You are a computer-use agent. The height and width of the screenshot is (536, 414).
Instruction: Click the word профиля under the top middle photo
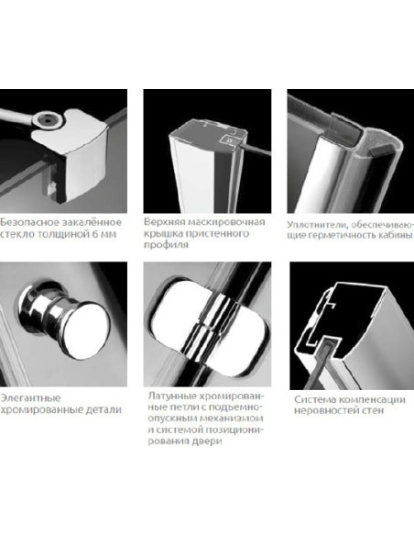click(166, 245)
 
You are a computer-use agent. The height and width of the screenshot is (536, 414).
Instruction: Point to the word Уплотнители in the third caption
click(317, 225)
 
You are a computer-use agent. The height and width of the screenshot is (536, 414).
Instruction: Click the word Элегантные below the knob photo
click(30, 398)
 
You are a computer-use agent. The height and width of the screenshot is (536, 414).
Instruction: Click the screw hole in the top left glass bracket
click(46, 119)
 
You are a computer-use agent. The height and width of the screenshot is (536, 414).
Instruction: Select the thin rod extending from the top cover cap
click(256, 149)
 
